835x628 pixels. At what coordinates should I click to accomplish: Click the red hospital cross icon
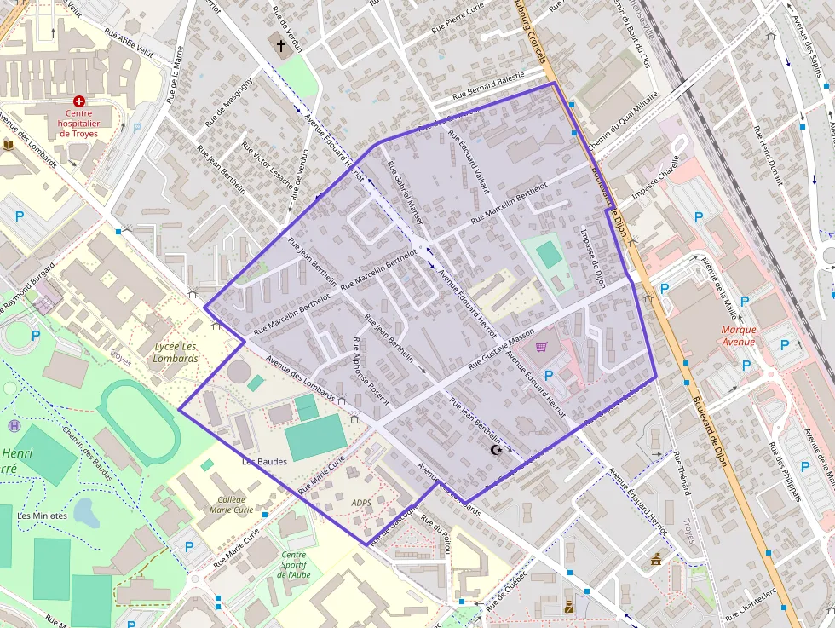79,101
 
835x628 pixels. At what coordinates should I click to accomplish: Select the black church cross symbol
281,45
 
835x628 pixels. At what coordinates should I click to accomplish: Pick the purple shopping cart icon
541,347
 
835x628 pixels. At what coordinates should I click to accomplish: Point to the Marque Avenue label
738,336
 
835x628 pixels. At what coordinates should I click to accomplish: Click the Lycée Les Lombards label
176,352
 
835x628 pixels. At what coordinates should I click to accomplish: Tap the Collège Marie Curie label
227,504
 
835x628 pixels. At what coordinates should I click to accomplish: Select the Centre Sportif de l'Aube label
294,564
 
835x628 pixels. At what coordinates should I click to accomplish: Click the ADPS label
361,503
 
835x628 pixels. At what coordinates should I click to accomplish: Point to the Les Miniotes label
43,516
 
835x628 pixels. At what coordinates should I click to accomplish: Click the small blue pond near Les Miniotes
84,512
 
